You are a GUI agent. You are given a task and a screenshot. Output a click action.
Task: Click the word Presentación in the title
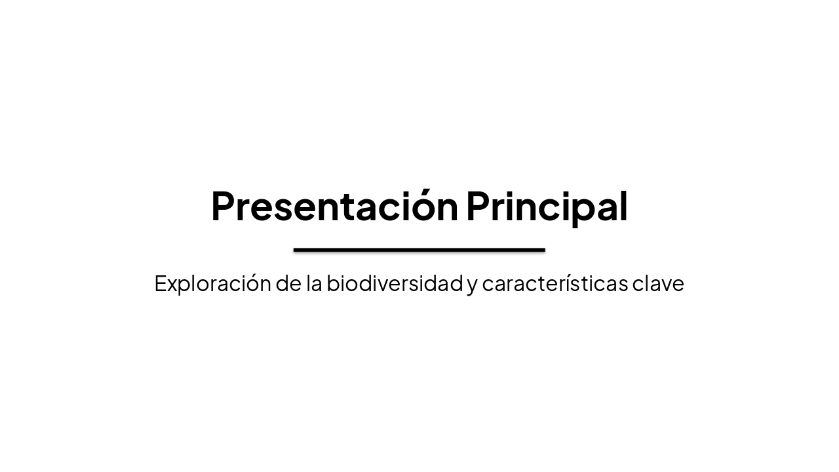click(334, 206)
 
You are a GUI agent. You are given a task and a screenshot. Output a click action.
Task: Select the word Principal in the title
click(547, 206)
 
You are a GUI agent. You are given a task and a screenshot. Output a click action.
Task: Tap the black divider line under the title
click(419, 250)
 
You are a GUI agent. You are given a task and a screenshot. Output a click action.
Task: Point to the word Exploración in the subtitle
click(212, 283)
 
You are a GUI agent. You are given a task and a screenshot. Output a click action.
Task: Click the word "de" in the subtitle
click(288, 283)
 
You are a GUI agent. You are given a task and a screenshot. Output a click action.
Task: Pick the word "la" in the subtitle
click(313, 283)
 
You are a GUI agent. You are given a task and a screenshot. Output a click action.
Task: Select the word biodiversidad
click(395, 283)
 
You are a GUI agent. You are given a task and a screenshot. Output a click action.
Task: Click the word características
click(554, 283)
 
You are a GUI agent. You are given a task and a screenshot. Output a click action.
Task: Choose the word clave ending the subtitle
click(658, 283)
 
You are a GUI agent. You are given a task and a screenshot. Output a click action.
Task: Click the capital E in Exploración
click(161, 283)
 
